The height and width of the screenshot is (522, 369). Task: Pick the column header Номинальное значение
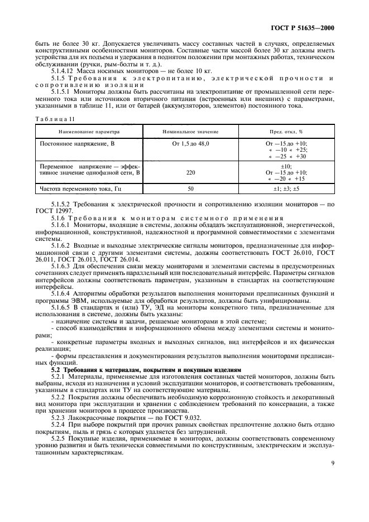[190, 132]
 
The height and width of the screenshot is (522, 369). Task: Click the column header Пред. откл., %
[286, 132]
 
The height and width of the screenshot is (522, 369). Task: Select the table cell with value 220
[190, 173]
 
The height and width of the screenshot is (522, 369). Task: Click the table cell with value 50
[190, 189]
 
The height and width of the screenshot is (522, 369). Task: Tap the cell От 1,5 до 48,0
[190, 143]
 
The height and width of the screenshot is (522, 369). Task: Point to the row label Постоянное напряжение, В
[74, 143]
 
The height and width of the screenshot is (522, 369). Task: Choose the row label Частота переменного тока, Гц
[80, 189]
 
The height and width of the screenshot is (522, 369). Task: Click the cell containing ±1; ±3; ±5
[286, 189]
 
